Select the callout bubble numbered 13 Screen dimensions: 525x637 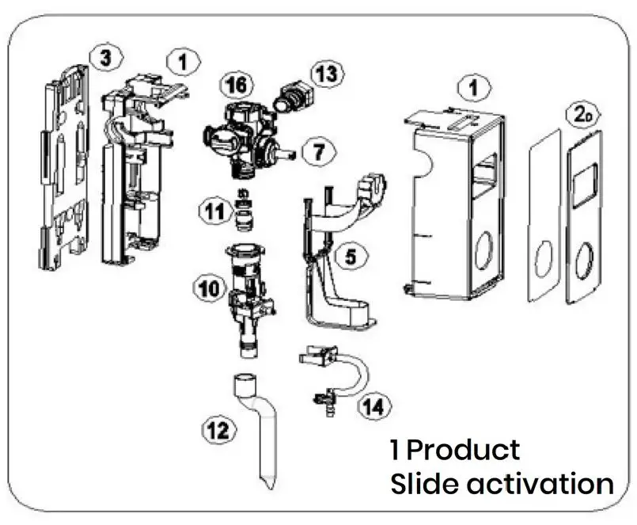pyautogui.click(x=327, y=74)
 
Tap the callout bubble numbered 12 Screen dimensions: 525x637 pyautogui.click(x=218, y=430)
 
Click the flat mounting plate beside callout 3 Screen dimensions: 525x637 pyautogui.click(x=63, y=170)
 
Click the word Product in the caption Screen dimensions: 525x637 pyautogui.click(x=464, y=450)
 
